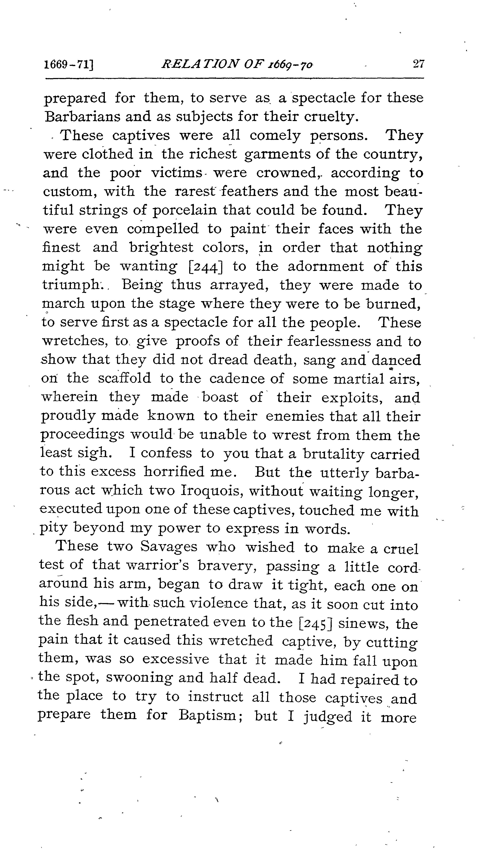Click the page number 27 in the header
click(x=418, y=64)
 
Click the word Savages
click(x=169, y=547)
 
